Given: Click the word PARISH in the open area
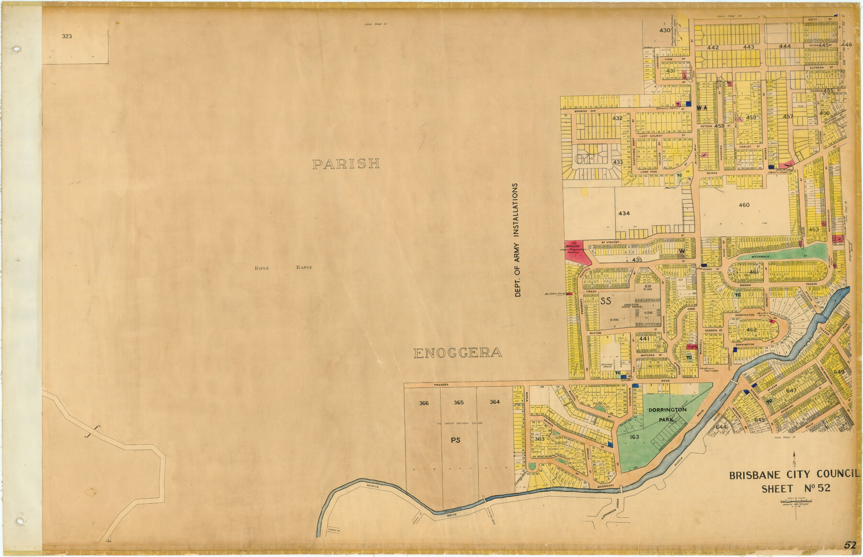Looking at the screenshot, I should point(346,164).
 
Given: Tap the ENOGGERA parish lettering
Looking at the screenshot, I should point(458,353).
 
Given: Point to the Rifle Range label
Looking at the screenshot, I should point(283,267).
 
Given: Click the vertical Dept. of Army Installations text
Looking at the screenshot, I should point(517,240).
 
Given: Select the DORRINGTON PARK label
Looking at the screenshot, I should point(667,414).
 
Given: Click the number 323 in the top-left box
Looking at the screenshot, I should point(67,36).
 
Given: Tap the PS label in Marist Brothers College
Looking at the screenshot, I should point(455,440).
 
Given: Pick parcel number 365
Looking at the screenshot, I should point(459,402).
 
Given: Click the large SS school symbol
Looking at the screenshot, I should point(606,301).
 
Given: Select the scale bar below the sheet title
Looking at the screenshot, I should point(795,501).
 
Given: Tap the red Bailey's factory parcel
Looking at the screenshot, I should point(576,251).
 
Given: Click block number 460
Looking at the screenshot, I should point(744,205).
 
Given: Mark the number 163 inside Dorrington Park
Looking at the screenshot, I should point(634,437).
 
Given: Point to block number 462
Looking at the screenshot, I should point(751,330).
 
